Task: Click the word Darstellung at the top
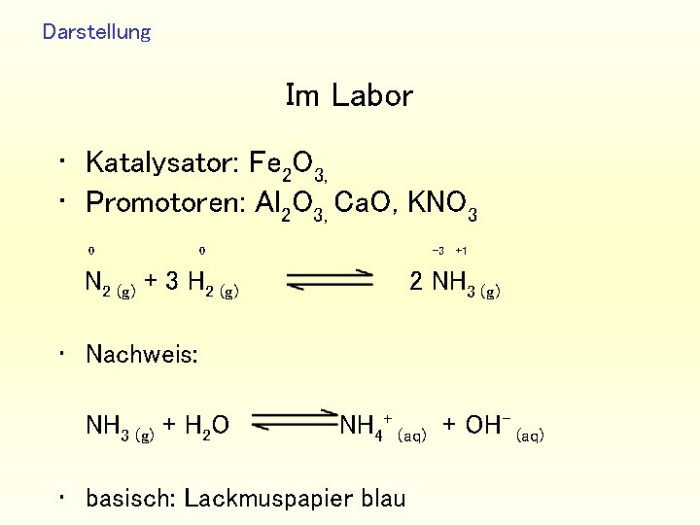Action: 96,32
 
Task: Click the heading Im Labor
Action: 349,95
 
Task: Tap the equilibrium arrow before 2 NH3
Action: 331,280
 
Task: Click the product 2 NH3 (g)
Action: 455,284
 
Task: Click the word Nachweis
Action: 142,354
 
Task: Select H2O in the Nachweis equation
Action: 208,426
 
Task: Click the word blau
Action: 382,499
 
